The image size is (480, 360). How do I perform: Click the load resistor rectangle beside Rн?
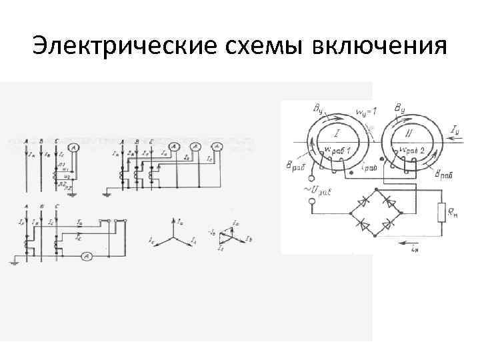click(x=441, y=213)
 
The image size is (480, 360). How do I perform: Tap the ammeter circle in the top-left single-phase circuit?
click(x=76, y=147)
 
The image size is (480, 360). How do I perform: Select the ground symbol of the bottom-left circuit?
click(x=13, y=262)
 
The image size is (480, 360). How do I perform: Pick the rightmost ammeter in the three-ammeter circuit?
click(x=216, y=147)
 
